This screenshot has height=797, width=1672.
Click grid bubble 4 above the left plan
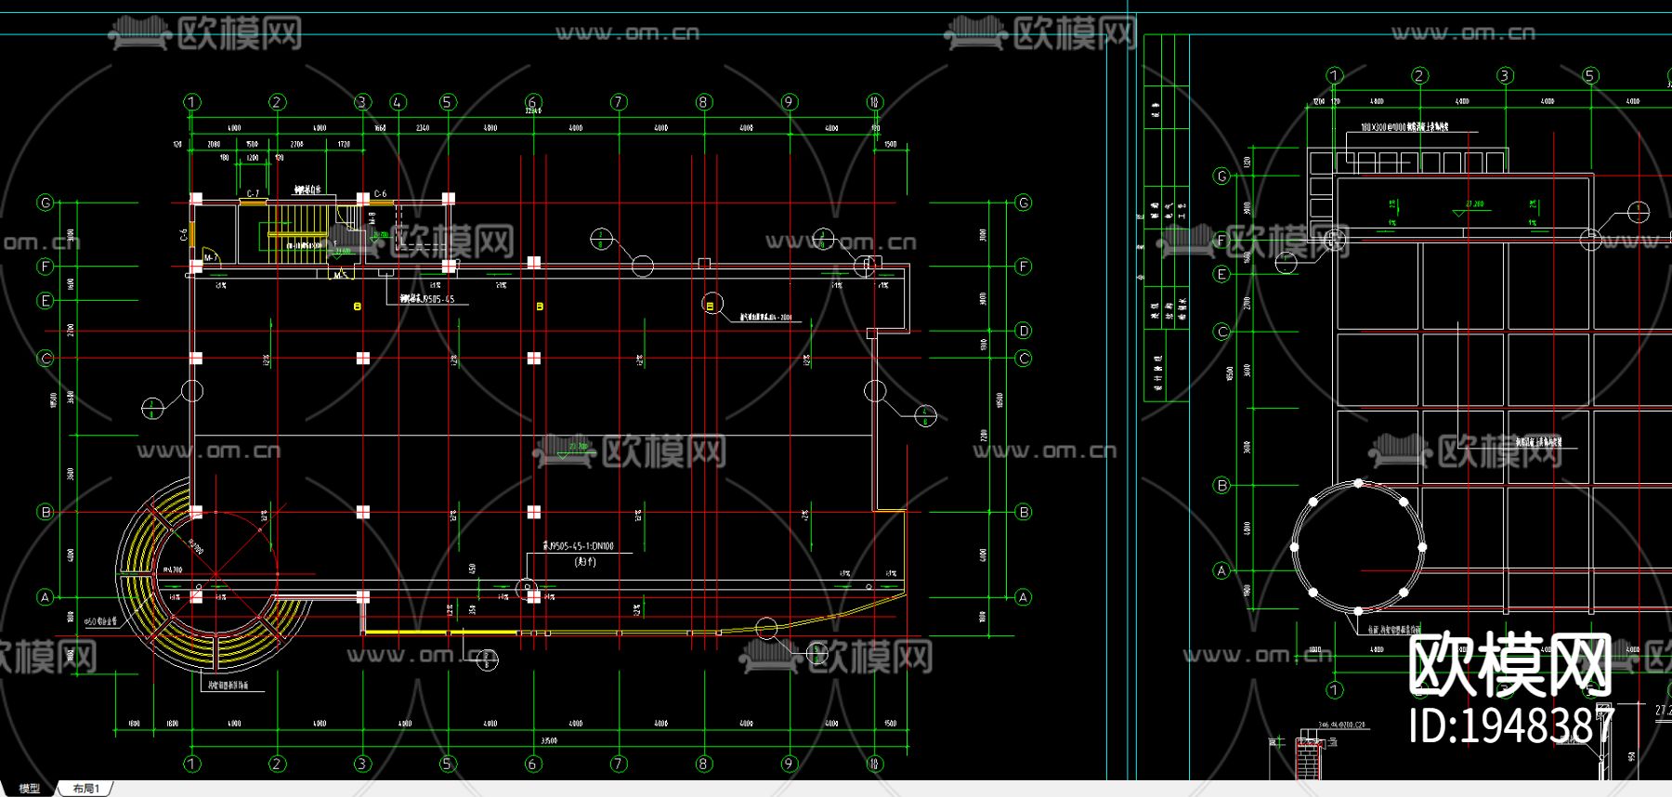coord(398,102)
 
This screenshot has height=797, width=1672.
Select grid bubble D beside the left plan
coord(1023,331)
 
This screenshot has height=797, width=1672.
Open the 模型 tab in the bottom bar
coord(30,789)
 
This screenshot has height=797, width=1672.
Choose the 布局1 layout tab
coord(86,789)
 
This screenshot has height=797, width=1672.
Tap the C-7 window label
coord(253,194)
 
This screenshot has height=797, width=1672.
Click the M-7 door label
coord(210,257)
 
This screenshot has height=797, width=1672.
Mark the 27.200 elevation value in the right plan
coord(1474,203)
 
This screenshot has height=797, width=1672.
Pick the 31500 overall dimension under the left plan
coord(549,740)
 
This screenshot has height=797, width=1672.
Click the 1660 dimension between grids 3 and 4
coord(380,128)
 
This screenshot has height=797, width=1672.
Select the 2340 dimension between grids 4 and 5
coord(423,128)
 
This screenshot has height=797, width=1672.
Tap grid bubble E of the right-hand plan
coord(1222,274)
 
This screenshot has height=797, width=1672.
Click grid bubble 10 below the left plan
coord(874,764)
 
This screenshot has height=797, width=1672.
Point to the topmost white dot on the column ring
coord(1359,483)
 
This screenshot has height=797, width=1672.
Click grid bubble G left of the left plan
coord(45,203)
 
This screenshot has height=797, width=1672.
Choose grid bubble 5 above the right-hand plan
coord(1590,75)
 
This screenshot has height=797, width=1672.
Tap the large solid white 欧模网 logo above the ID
coord(1509,664)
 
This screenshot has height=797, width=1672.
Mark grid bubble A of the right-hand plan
coord(1222,570)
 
